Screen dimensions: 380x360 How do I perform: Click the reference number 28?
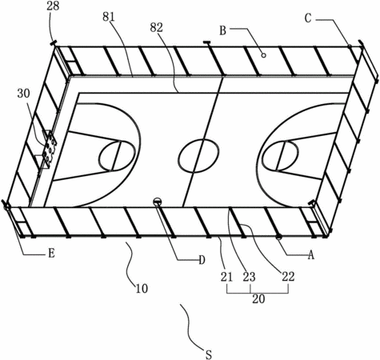(53, 6)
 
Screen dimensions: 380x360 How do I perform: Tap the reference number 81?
(109, 17)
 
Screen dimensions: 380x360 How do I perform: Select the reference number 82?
(156, 27)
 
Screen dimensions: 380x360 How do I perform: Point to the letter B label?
(222, 30)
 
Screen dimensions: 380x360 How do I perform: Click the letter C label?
(308, 18)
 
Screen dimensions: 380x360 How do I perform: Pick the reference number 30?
(24, 94)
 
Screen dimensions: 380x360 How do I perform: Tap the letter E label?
(51, 253)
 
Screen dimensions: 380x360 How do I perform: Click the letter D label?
(202, 260)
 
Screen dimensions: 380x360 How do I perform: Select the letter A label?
(311, 255)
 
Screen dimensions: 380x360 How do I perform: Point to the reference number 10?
(142, 289)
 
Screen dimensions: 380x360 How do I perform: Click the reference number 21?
(226, 277)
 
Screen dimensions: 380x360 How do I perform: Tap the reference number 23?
(249, 277)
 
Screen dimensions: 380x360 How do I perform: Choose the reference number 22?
(288, 277)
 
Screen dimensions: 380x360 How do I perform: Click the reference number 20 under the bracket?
(258, 299)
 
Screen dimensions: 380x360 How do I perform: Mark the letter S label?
(209, 354)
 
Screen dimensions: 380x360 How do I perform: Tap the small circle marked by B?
(264, 55)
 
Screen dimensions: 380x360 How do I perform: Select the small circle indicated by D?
(158, 202)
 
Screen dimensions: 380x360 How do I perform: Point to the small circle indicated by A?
(279, 237)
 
